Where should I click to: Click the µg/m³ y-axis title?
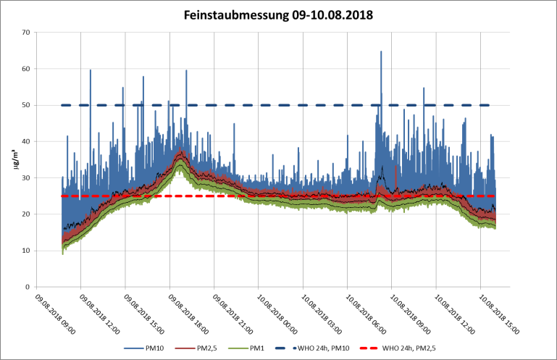click(x=15, y=159)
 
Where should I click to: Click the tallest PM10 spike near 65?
click(x=381, y=52)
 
